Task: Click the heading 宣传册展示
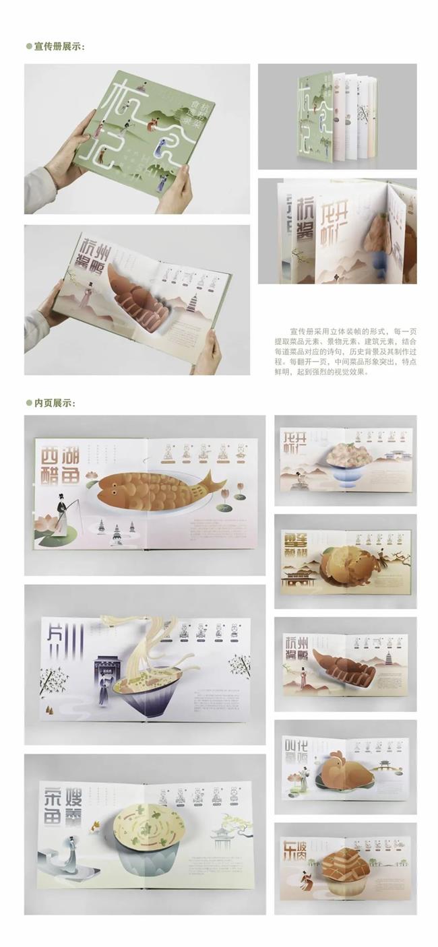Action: pyautogui.click(x=57, y=46)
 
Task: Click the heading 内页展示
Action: pyautogui.click(x=53, y=403)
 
